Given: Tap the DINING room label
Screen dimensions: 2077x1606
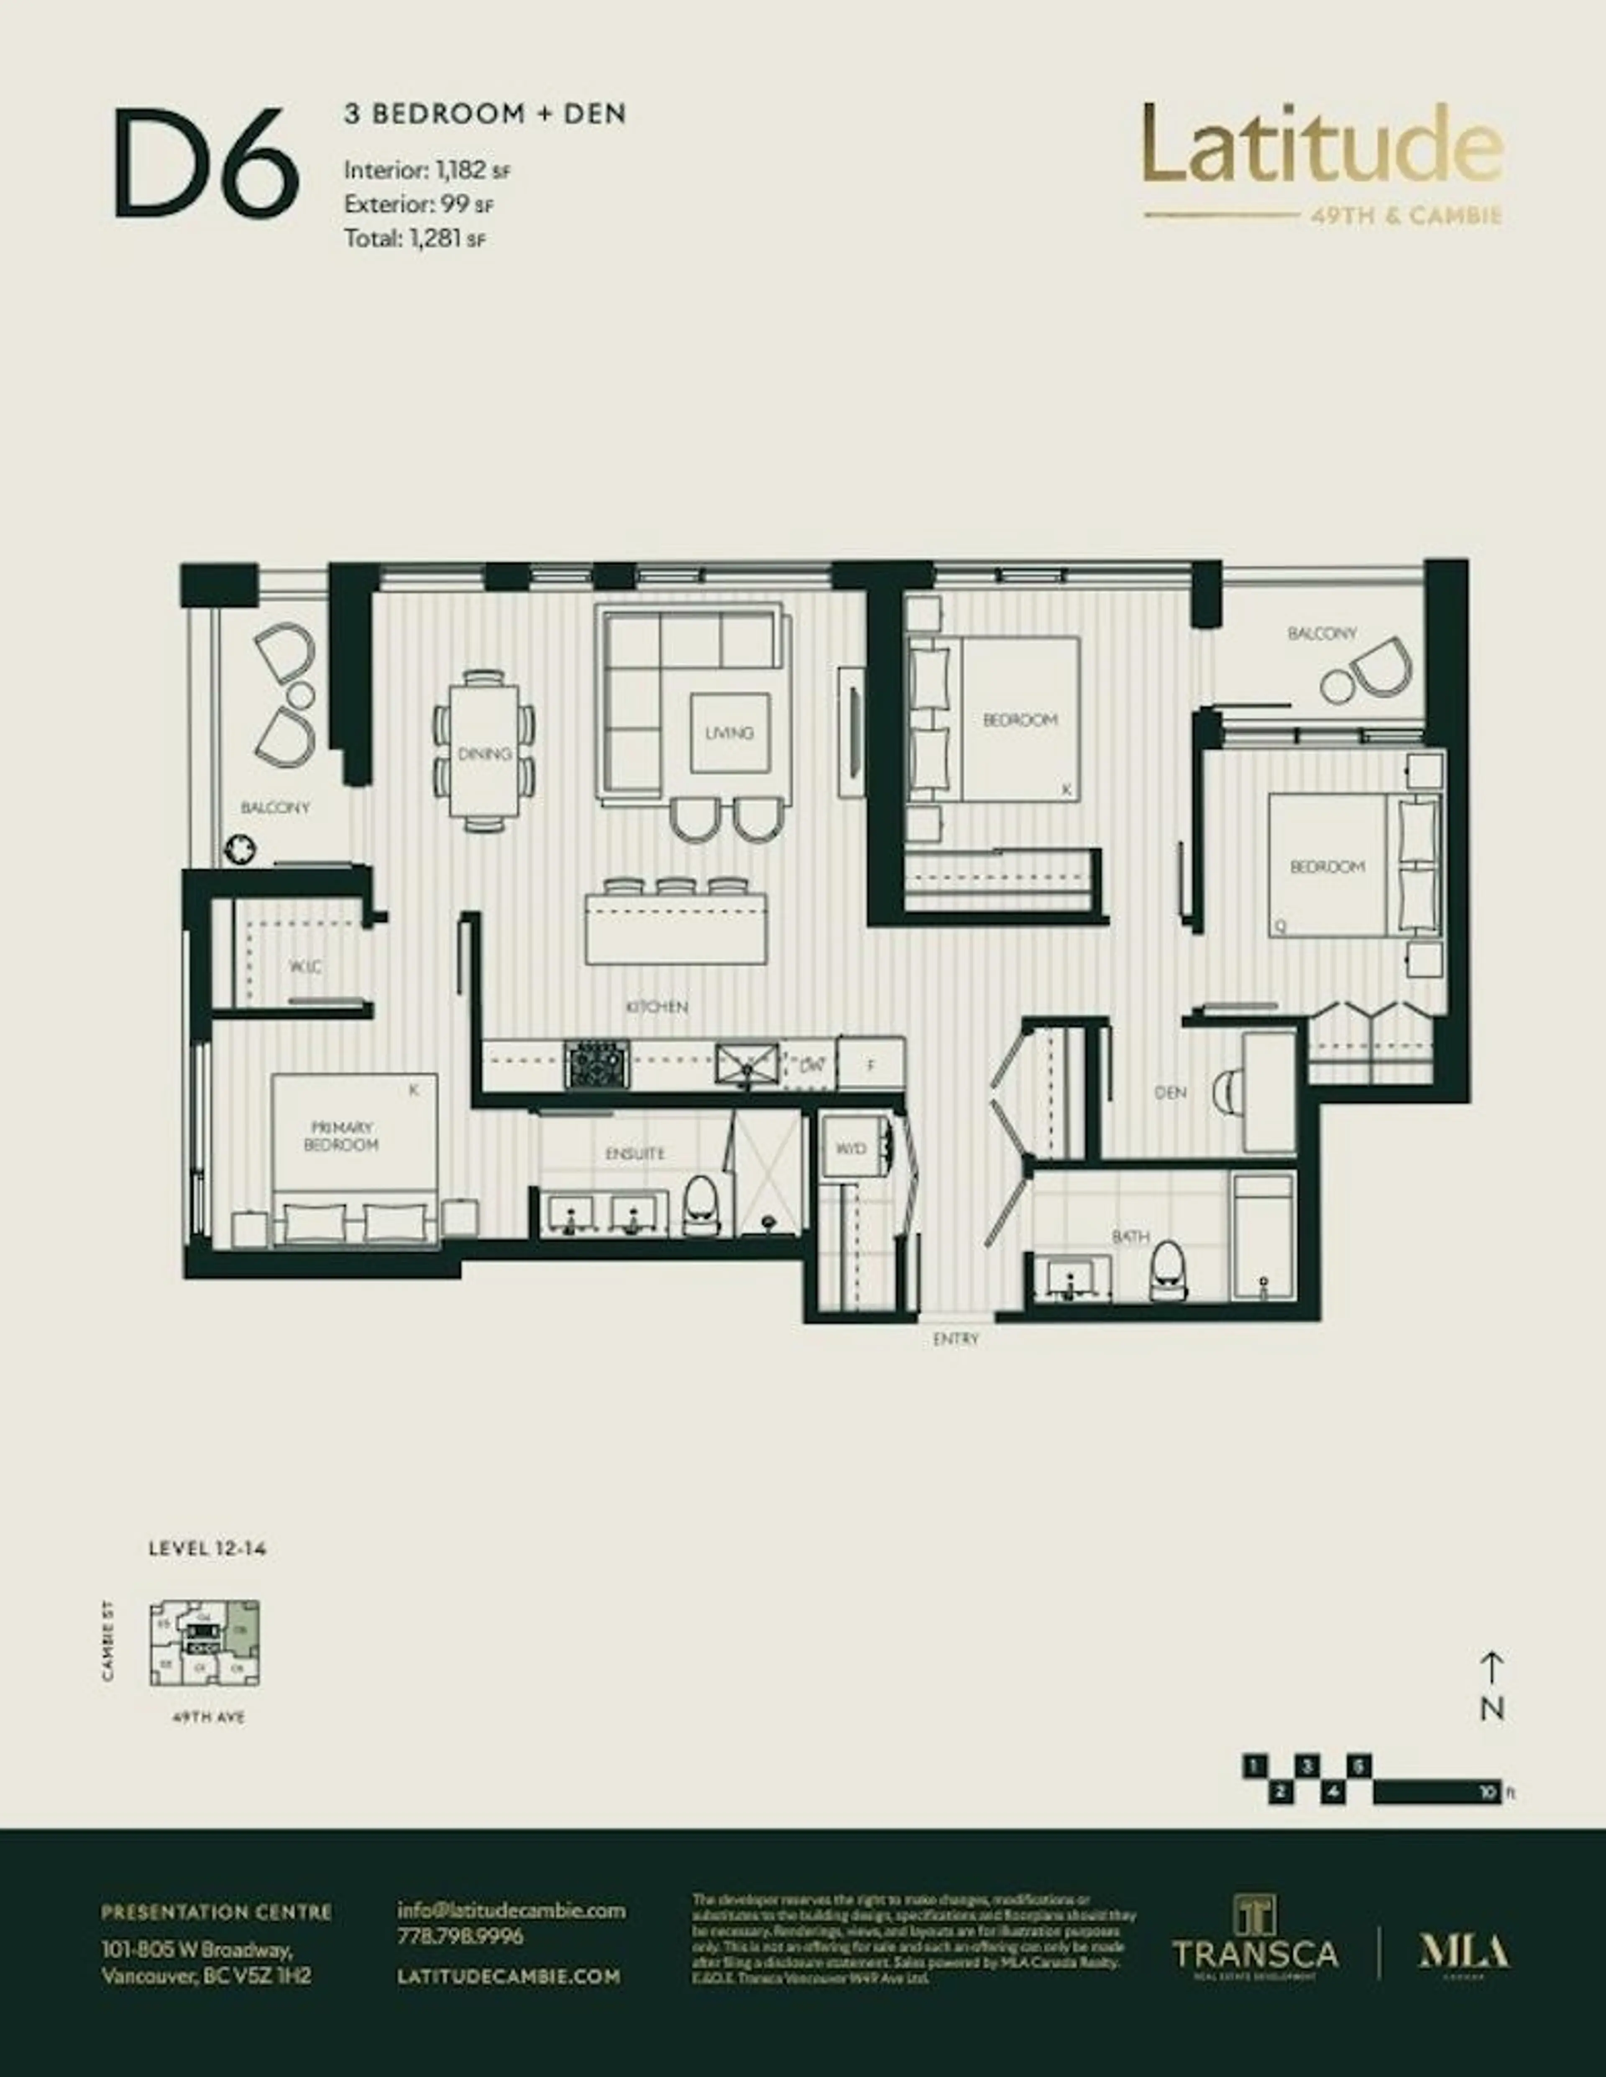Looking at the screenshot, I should click(x=484, y=754).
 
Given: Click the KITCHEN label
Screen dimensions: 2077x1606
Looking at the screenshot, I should click(x=657, y=1006).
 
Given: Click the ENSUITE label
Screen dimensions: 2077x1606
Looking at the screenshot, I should click(x=634, y=1154).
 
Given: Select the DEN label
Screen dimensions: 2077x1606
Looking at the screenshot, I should click(x=1170, y=1093).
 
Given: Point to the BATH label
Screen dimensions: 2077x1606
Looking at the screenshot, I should click(x=1130, y=1236).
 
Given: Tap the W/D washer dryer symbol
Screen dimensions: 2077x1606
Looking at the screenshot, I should click(x=851, y=1149).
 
